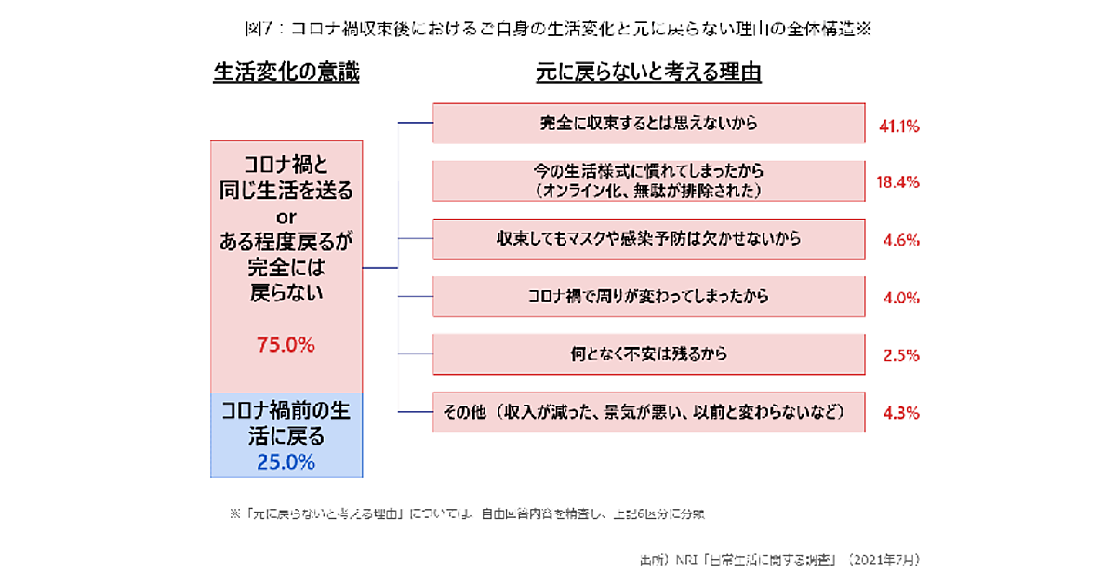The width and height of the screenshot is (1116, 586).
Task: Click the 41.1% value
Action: coord(898,125)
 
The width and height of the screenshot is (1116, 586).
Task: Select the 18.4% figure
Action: coord(898,182)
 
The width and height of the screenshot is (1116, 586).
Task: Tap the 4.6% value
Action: coord(901,240)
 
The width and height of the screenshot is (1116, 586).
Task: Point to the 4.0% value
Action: coord(901,298)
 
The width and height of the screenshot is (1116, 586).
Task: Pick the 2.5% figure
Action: coord(901,355)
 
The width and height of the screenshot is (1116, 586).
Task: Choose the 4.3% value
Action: coord(901,412)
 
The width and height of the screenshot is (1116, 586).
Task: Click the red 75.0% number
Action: coord(286,345)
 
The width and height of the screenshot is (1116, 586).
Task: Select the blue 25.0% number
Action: coord(286,461)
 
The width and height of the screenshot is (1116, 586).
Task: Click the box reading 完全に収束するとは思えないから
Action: coord(649,123)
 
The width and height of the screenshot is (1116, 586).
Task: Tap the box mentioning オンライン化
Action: coord(649,181)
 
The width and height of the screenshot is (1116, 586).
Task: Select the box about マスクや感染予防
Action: coord(649,239)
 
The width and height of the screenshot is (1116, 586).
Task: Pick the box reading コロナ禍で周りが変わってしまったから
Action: coord(649,297)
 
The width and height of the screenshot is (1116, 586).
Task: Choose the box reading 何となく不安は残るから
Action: coord(649,354)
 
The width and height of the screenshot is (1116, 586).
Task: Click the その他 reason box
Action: coord(649,412)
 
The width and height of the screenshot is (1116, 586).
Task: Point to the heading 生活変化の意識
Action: coord(286,73)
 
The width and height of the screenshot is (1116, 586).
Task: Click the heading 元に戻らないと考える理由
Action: coord(649,73)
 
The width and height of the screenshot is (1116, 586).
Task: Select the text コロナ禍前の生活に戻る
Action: coord(286,421)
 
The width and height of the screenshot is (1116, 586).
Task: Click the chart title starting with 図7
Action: coord(558,29)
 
